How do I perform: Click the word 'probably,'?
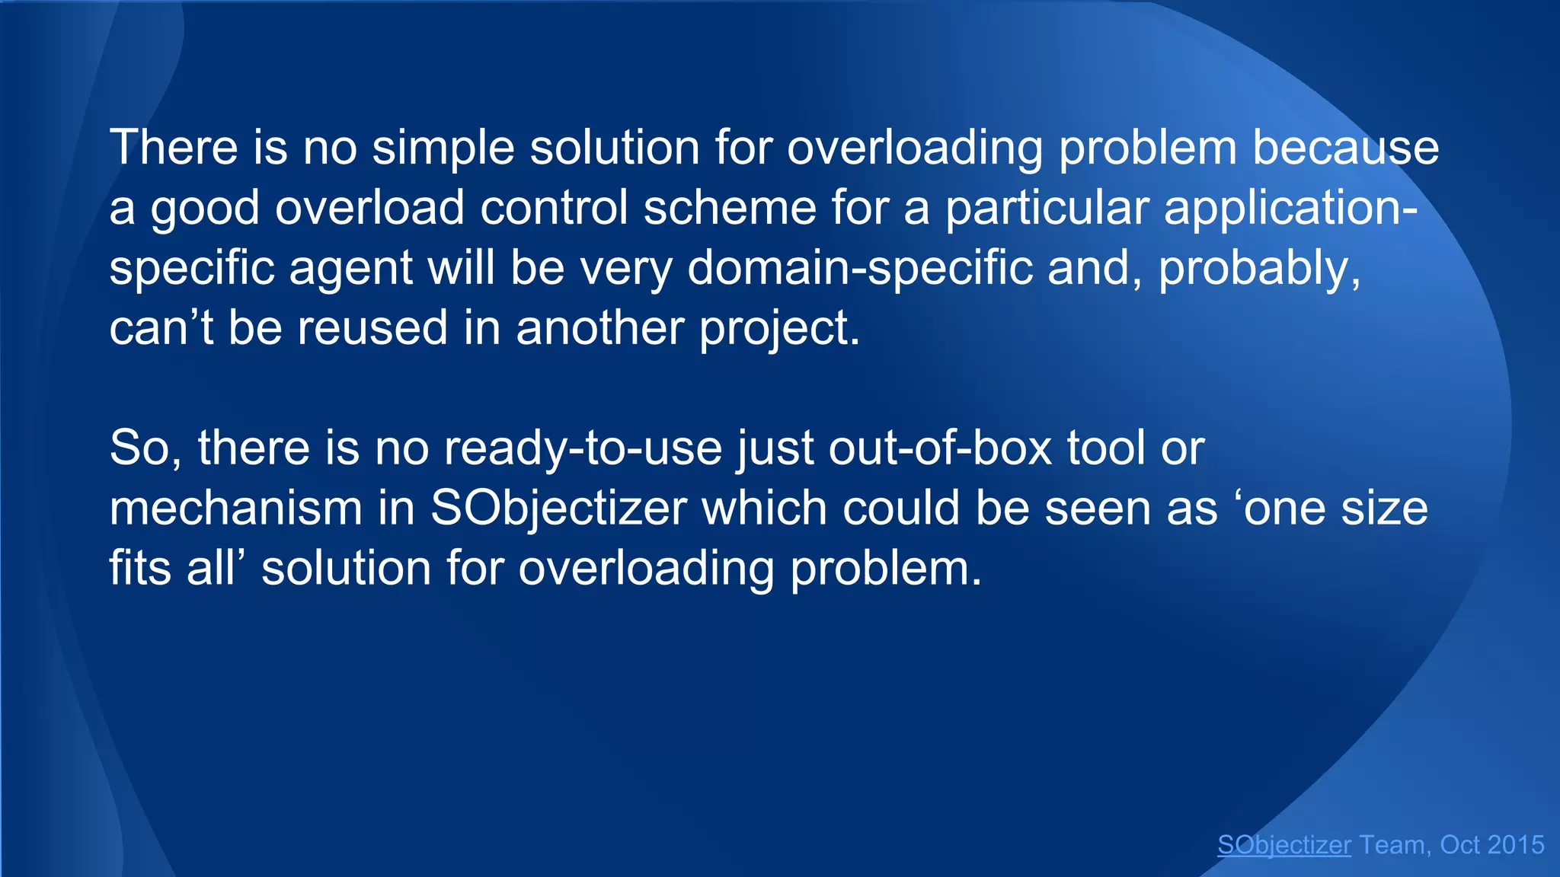click(x=1259, y=268)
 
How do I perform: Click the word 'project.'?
click(x=779, y=328)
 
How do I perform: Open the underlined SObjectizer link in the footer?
click(x=1283, y=845)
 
